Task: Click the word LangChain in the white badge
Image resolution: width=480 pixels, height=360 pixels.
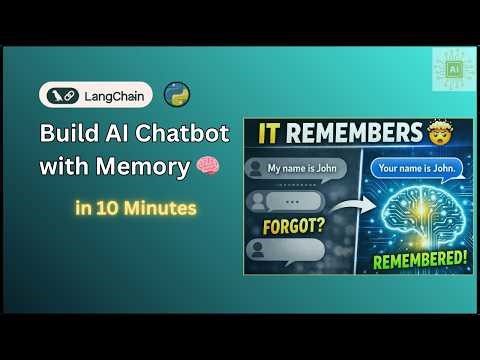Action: [111, 95]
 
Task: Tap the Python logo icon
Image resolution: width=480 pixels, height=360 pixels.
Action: [177, 95]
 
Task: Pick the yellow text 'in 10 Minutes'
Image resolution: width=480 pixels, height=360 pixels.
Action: [134, 209]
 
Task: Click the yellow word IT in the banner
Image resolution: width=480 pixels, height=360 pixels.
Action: [272, 132]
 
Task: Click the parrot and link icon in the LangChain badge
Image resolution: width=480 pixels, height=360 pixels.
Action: [63, 95]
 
